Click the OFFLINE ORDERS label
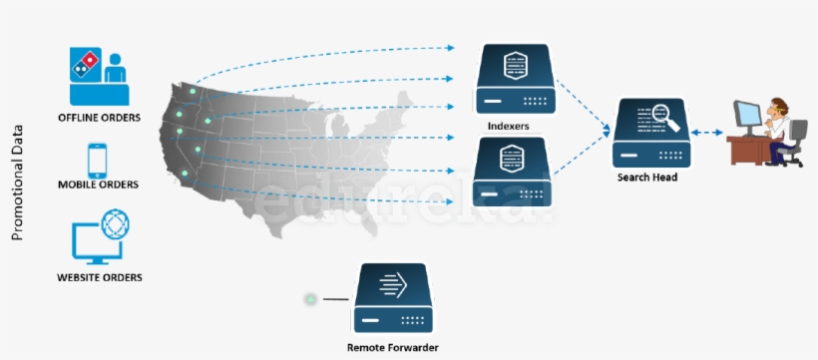pyautogui.click(x=99, y=118)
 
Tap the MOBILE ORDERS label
pyautogui.click(x=98, y=184)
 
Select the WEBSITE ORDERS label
pyautogui.click(x=99, y=276)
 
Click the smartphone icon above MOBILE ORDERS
pyautogui.click(x=98, y=160)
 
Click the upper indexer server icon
pyautogui.click(x=513, y=79)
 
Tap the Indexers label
pyautogui.click(x=509, y=127)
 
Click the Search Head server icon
pyautogui.click(x=650, y=133)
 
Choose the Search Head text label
pyautogui.click(x=647, y=178)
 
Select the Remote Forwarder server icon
pyautogui.click(x=393, y=298)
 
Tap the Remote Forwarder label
pyautogui.click(x=393, y=347)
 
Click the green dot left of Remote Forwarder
pyautogui.click(x=311, y=298)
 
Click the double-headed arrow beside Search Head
pyautogui.click(x=709, y=133)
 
